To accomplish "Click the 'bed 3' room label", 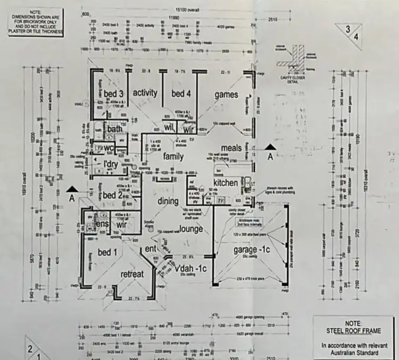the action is coord(114,94).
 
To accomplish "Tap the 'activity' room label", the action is coord(145,93).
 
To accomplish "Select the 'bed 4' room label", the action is coord(181,94).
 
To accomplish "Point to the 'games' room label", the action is coord(226,95).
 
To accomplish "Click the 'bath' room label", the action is coord(115,128).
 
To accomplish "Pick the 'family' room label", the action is coord(173,156).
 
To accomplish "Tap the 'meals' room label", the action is coord(232,148).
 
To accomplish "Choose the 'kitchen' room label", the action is coord(226,183).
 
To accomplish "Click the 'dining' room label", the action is coord(168,201).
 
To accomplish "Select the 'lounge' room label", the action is coord(191,229).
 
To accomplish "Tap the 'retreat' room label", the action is coord(132,274).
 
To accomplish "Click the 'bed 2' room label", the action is coord(113,195).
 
